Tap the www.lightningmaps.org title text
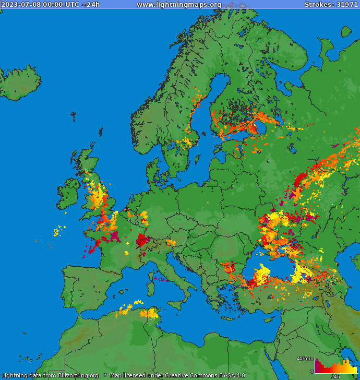(179, 5)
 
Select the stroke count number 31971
(346, 5)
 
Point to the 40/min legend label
(305, 358)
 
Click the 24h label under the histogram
(335, 376)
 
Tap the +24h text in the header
(90, 5)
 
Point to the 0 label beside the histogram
(312, 372)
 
